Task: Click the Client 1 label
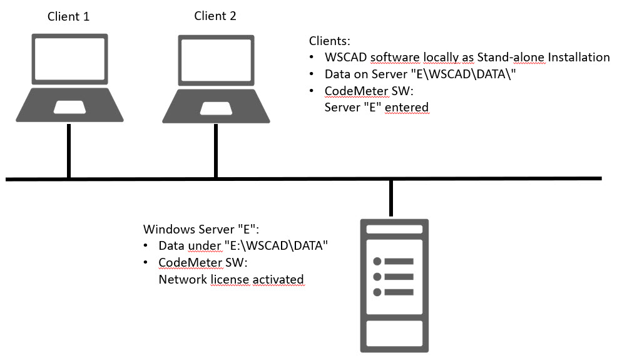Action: [68, 16]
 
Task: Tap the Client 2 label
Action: [215, 16]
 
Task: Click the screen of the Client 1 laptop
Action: [69, 59]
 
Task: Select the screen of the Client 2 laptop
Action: [217, 60]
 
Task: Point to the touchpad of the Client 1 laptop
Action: [69, 107]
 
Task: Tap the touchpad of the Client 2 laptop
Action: [217, 108]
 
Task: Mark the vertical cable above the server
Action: [390, 198]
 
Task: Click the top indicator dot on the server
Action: [377, 261]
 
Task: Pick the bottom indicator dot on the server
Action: [377, 292]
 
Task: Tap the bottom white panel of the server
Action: [394, 333]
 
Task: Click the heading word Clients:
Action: [329, 41]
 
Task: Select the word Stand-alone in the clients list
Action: [511, 58]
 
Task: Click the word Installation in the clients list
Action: [579, 58]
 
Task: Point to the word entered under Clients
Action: [407, 107]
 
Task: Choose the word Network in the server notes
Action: [183, 279]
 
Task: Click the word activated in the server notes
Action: [278, 279]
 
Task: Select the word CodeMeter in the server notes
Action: [190, 262]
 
